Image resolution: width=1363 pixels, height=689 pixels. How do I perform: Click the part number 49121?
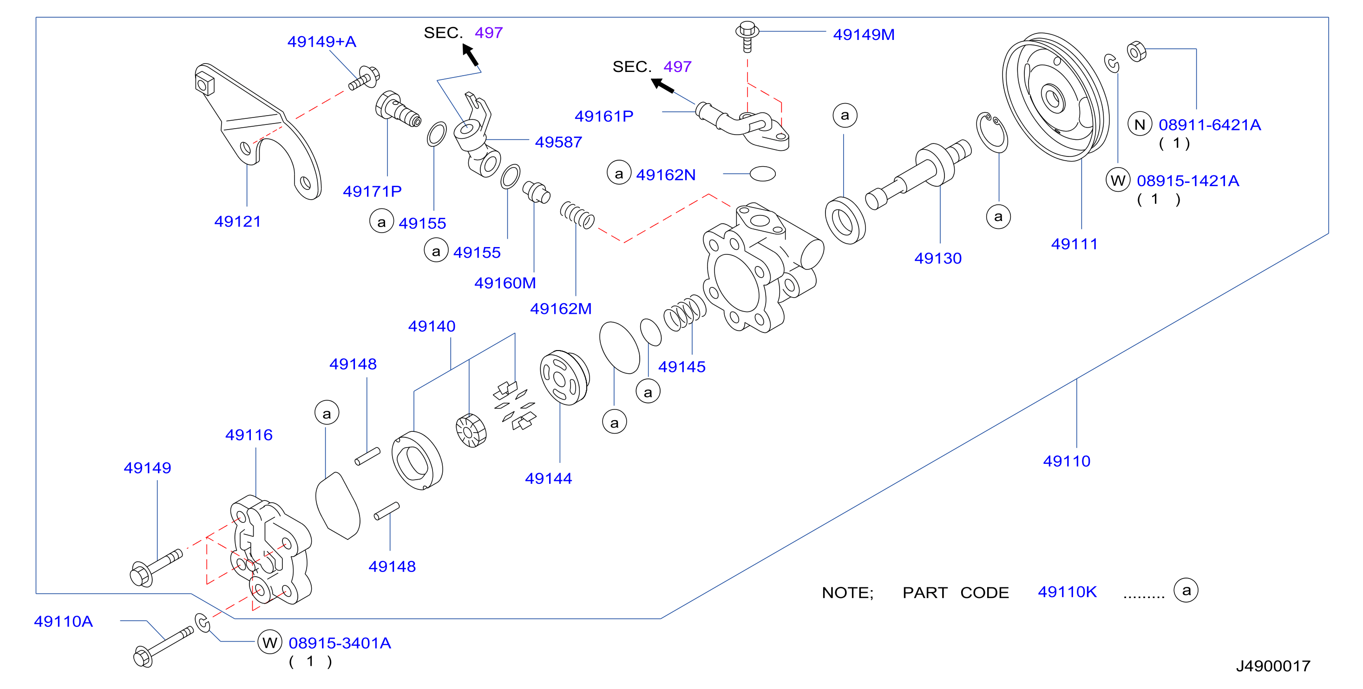pyautogui.click(x=237, y=221)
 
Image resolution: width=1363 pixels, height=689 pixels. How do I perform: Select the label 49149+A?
pyautogui.click(x=321, y=41)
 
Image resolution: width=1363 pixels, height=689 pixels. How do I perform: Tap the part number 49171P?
pyautogui.click(x=372, y=191)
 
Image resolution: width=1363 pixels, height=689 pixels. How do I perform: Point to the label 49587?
pyautogui.click(x=558, y=142)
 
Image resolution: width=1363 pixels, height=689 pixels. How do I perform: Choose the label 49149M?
pyautogui.click(x=864, y=34)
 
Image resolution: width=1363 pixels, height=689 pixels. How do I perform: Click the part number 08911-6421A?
pyautogui.click(x=1210, y=125)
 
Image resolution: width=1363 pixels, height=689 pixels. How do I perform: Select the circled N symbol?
pyautogui.click(x=1140, y=124)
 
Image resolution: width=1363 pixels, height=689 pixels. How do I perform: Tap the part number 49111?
pyautogui.click(x=1074, y=244)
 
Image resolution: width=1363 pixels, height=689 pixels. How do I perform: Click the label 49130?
pyautogui.click(x=937, y=258)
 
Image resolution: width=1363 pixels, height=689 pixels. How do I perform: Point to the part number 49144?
pyautogui.click(x=548, y=478)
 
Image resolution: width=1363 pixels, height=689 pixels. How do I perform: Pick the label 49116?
pyautogui.click(x=249, y=435)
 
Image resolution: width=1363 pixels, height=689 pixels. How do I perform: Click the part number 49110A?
pyautogui.click(x=64, y=621)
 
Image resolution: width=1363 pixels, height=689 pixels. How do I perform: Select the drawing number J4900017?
pyautogui.click(x=1273, y=666)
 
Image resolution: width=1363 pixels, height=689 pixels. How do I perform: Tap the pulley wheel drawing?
pyautogui.click(x=1055, y=97)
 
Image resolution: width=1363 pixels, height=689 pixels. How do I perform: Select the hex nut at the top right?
pyautogui.click(x=1137, y=51)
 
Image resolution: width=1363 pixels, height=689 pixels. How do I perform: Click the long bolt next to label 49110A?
pyautogui.click(x=164, y=646)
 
